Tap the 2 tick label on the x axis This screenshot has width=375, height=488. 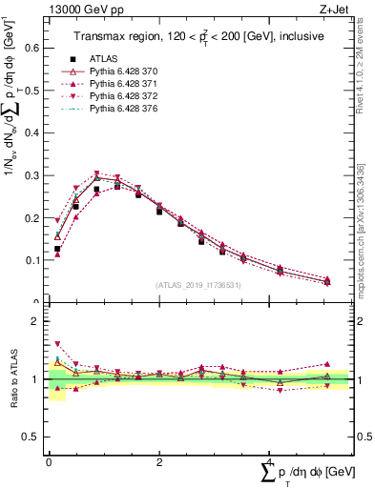point(158,462)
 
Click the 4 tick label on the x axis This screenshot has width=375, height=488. point(270,462)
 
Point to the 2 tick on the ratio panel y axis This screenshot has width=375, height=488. point(39,322)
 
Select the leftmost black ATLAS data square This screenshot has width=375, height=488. point(57,249)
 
